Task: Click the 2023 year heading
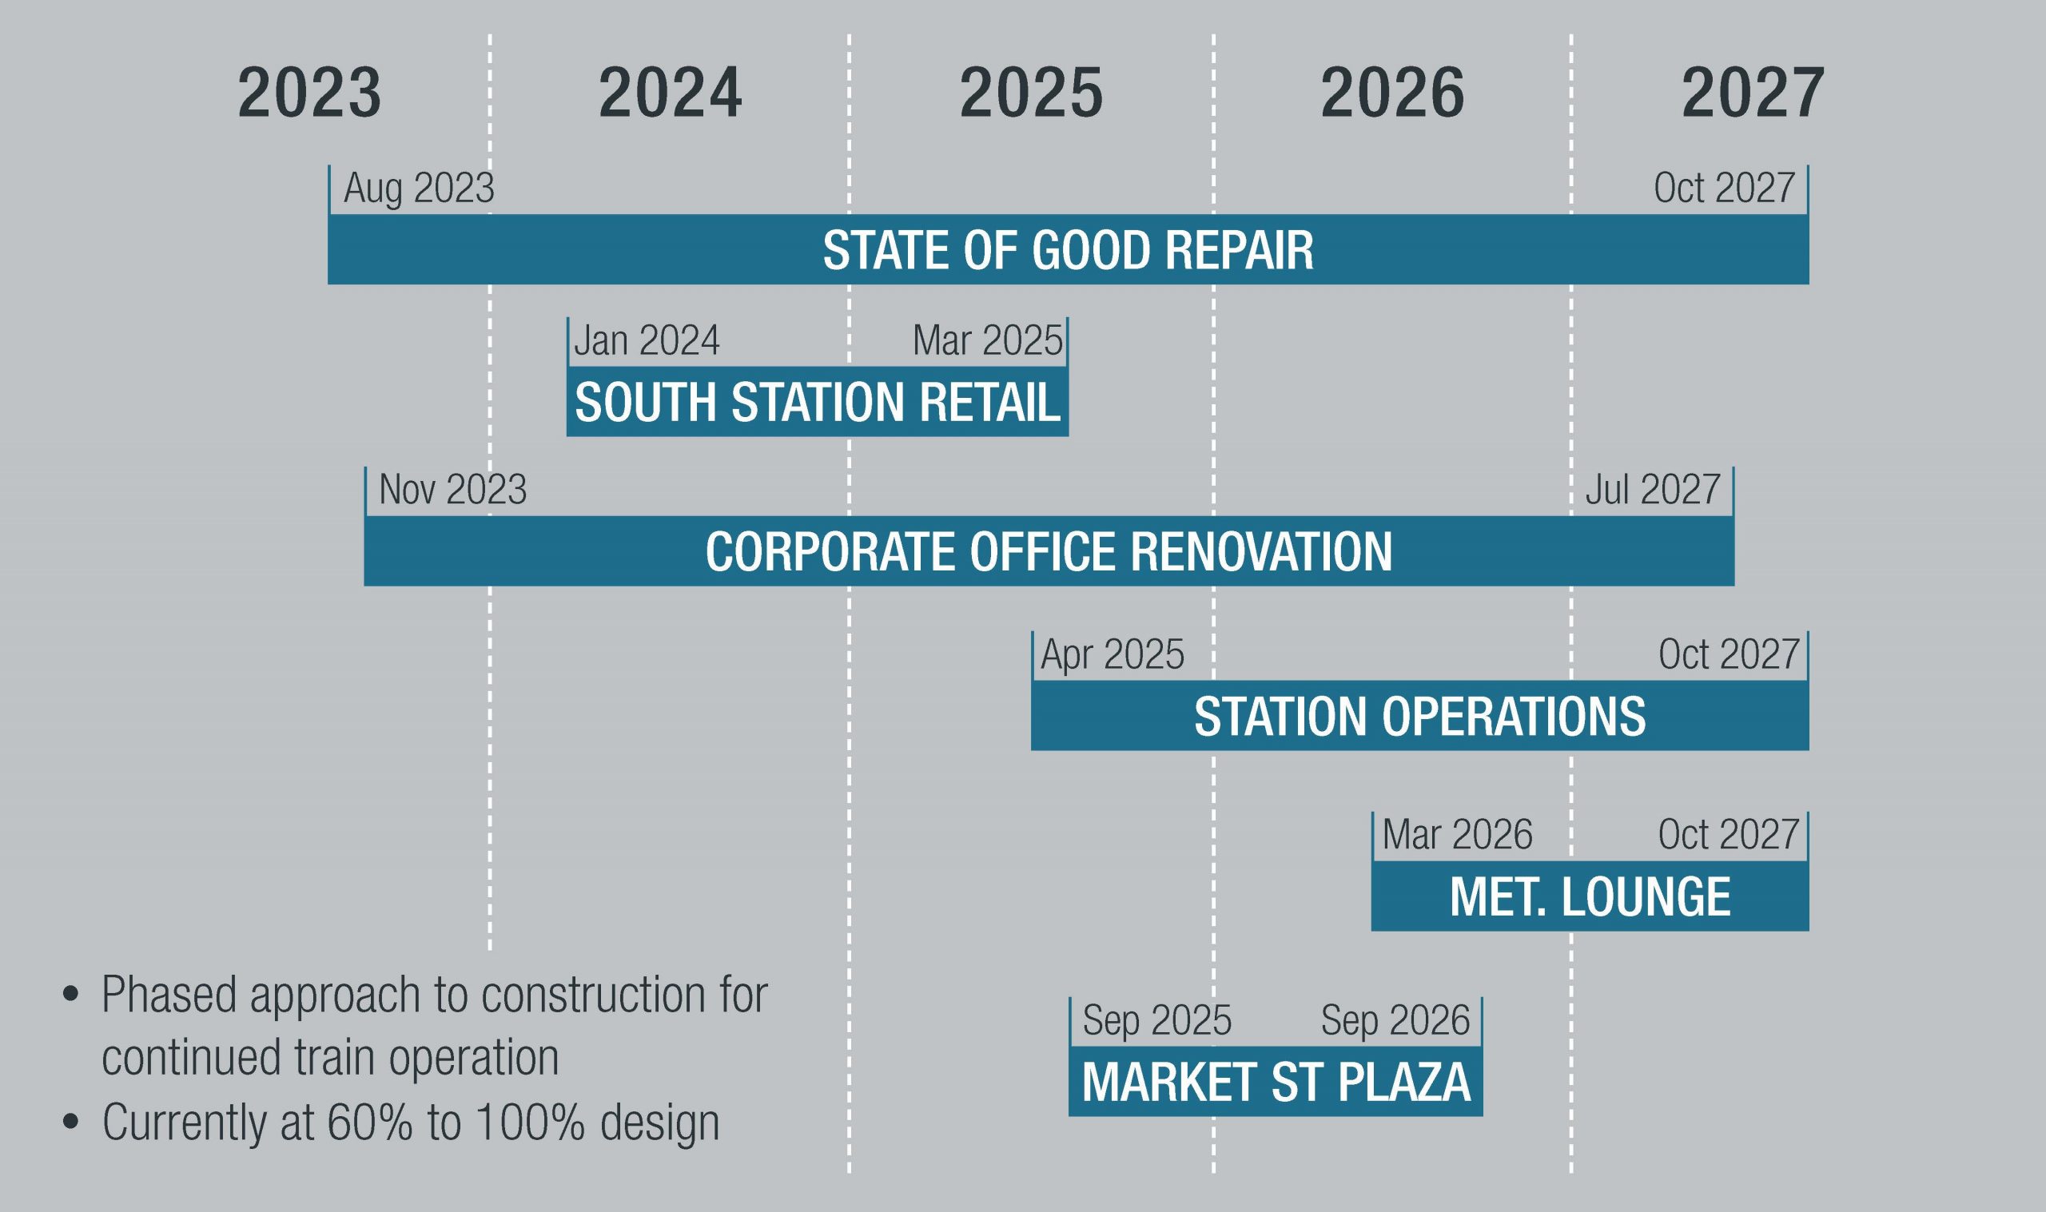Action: [309, 94]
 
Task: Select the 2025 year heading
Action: [1031, 94]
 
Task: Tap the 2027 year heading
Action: [1753, 94]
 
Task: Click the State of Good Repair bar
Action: [1069, 249]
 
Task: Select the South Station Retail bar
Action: [817, 401]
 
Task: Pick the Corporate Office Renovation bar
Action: [1049, 550]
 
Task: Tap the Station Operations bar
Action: [1419, 715]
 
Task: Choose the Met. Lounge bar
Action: [1590, 896]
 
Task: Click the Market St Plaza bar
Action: [1276, 1080]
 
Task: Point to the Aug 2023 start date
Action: [419, 189]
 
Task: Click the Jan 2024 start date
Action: [647, 340]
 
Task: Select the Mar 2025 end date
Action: [988, 340]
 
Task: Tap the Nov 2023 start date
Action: [452, 490]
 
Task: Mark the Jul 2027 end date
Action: [1653, 490]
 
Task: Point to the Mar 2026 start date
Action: [1457, 835]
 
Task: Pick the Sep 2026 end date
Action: [1395, 1021]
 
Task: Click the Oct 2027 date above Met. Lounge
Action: [1728, 835]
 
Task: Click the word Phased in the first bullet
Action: [168, 995]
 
